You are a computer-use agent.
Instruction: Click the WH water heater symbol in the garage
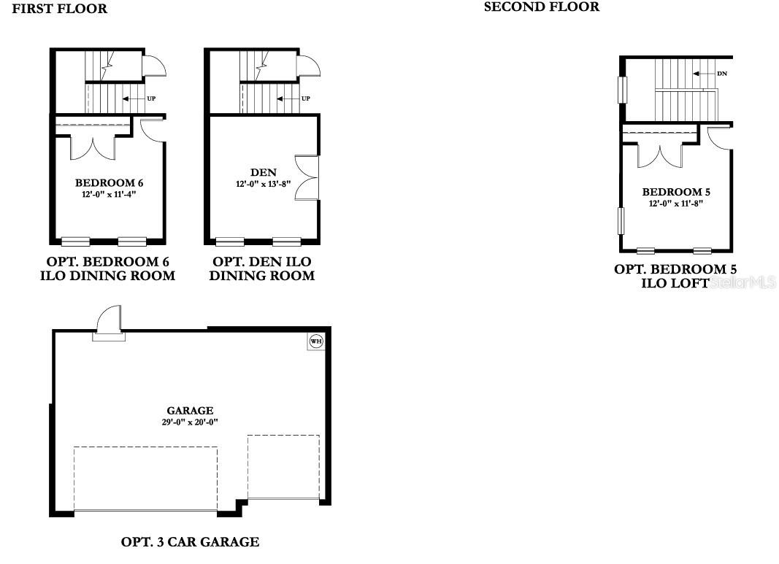315,341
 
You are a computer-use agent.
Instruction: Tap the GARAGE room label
190,411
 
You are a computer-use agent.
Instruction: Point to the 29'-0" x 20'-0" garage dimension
190,422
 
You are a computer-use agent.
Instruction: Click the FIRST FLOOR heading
59,9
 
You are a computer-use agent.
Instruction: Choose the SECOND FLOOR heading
542,7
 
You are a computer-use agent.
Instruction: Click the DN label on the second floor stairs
722,74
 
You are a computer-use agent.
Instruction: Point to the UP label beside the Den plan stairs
306,98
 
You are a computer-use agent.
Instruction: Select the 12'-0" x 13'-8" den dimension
263,184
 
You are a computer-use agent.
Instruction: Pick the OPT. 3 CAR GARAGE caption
190,542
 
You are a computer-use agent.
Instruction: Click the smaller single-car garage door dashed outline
283,468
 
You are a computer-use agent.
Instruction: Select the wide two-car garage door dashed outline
145,479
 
